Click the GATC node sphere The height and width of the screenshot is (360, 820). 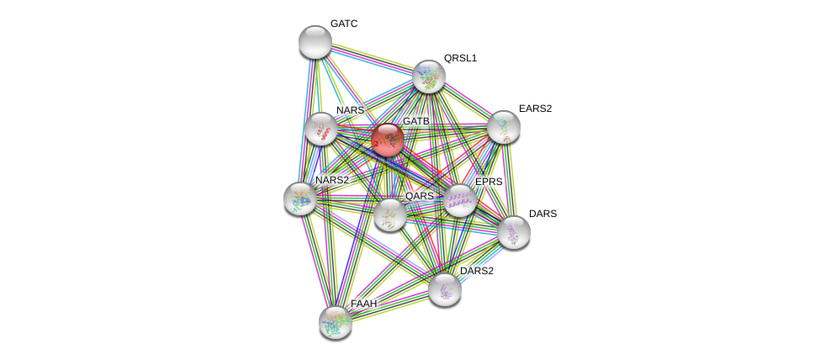point(315,42)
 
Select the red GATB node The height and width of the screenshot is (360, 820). point(388,140)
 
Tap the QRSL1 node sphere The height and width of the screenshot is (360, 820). point(429,77)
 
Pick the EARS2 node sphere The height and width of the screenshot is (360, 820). point(503,127)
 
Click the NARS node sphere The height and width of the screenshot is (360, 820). point(321,129)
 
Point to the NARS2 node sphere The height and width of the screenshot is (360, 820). point(300,199)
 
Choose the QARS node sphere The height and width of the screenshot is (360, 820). point(390,214)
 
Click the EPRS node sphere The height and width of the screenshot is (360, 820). point(460,200)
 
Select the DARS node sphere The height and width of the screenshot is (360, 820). point(513,232)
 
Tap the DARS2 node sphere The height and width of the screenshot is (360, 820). point(445,289)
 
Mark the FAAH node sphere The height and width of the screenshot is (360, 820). point(336,321)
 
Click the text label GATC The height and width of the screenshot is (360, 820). point(344,24)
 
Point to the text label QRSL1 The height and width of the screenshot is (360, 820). point(460,58)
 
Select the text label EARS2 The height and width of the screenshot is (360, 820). point(535,109)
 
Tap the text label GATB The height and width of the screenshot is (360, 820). point(415,122)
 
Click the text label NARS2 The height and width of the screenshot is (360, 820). point(331,180)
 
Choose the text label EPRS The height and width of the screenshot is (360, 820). point(489,182)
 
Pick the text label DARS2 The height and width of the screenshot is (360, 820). point(477,271)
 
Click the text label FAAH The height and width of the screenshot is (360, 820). point(364,303)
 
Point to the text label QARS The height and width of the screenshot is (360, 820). point(420,196)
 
